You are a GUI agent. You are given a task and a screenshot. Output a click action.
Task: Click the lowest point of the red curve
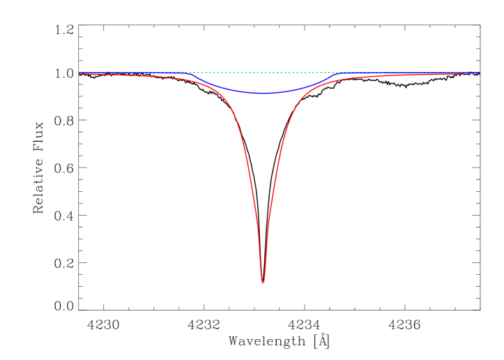click(263, 283)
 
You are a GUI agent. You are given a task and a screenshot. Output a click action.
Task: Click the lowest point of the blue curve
click(262, 93)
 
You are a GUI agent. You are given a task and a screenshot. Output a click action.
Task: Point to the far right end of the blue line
click(480, 73)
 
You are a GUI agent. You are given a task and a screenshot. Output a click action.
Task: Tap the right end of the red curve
click(464, 74)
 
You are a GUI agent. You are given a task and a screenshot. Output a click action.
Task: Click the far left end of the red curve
click(79, 74)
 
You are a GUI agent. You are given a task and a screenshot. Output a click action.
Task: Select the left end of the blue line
click(79, 73)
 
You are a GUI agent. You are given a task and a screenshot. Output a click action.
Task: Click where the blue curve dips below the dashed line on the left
click(189, 73)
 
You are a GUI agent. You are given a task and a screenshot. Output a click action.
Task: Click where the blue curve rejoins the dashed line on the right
click(337, 73)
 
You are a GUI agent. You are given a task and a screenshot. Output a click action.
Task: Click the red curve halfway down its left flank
click(250, 178)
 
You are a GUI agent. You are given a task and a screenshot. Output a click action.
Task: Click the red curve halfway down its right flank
click(275, 178)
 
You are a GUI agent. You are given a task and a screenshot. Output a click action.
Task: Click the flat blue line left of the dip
click(132, 73)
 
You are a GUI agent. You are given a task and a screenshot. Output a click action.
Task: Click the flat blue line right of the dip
click(411, 73)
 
